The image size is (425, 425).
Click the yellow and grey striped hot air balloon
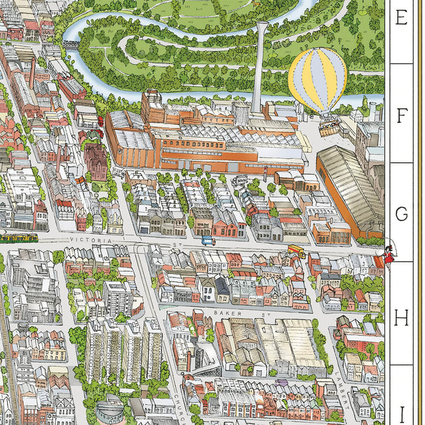point(317,80)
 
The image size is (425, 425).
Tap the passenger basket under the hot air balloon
point(329,127)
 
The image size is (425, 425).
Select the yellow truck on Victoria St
point(296,251)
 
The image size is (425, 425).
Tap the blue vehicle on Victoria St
point(207,241)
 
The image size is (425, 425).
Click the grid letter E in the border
point(402,19)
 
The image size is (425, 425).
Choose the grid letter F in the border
point(402,115)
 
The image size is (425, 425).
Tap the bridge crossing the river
point(72,44)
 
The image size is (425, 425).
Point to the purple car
point(282,382)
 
